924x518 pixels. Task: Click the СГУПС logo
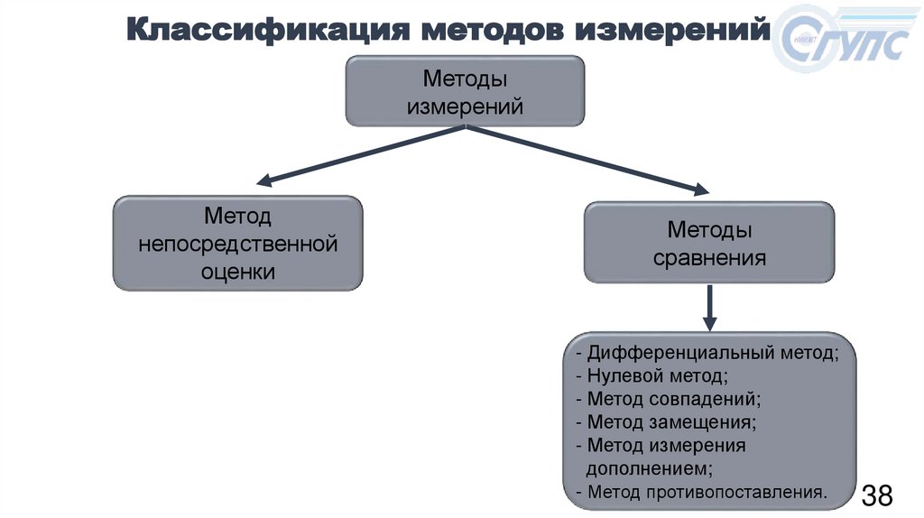tap(843, 44)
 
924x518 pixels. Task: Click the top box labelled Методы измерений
tap(466, 91)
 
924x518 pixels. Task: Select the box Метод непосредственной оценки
tap(237, 244)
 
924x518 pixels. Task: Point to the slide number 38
tap(877, 495)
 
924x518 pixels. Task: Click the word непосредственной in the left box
tap(237, 244)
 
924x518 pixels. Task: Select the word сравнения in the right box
tap(710, 258)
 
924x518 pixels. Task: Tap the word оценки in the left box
tap(237, 271)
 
